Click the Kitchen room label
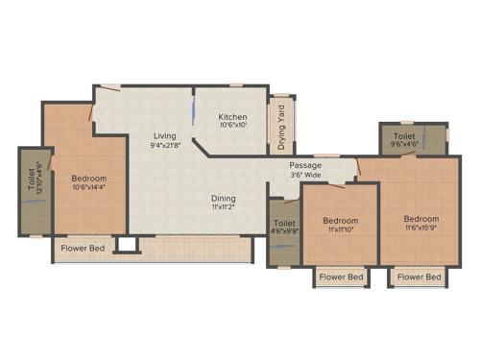pyautogui.click(x=233, y=117)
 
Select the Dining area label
pyautogui.click(x=224, y=199)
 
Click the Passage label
pyautogui.click(x=307, y=165)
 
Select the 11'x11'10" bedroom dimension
pyautogui.click(x=340, y=228)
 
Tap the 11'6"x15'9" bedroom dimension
pyautogui.click(x=420, y=228)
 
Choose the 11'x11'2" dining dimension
pyautogui.click(x=224, y=208)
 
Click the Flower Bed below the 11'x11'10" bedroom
pyautogui.click(x=342, y=277)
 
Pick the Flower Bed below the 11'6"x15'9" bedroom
pyautogui.click(x=420, y=277)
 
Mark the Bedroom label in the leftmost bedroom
pyautogui.click(x=88, y=179)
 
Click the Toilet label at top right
pyautogui.click(x=403, y=137)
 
